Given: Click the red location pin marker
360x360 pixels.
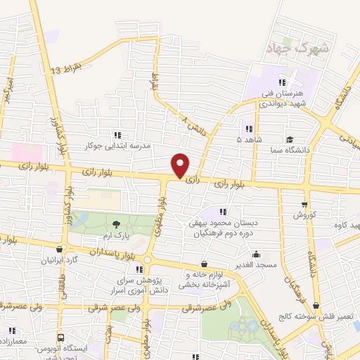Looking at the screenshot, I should (181, 165).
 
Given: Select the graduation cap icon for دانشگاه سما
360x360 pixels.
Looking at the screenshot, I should (289, 139).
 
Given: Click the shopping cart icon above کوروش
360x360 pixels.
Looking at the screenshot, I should (304, 205).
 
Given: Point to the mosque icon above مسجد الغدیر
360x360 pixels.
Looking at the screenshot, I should (256, 255).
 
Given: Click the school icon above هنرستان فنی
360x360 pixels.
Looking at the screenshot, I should (283, 82).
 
